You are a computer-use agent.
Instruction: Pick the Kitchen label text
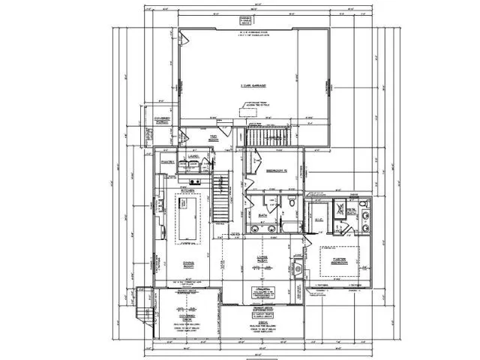[x=187, y=190]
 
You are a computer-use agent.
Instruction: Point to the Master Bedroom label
[x=333, y=259]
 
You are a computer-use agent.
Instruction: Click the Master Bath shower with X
[x=340, y=205]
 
